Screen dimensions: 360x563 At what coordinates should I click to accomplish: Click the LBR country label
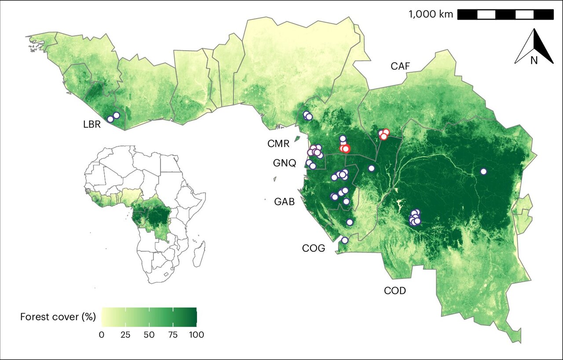(x=92, y=124)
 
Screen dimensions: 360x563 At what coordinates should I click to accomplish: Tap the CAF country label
(x=400, y=66)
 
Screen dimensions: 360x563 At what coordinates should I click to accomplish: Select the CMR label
(x=278, y=144)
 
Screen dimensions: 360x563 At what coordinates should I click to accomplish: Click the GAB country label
(x=284, y=202)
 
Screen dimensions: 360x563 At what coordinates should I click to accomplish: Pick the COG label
(x=314, y=248)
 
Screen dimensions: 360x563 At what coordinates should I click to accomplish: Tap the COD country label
(x=395, y=291)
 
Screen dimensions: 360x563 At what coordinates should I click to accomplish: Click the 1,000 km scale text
(x=431, y=14)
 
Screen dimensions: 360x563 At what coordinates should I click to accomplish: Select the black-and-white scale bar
(x=505, y=15)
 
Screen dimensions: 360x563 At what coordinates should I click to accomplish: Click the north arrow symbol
(x=534, y=46)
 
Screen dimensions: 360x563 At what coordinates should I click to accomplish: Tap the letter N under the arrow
(x=534, y=61)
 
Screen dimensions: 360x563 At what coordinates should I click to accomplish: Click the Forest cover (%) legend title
(x=58, y=317)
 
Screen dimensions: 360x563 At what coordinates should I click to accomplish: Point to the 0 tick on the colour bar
(x=102, y=335)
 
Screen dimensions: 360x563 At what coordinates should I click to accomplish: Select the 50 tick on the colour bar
(x=149, y=335)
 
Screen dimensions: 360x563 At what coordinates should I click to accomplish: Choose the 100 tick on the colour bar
(x=196, y=335)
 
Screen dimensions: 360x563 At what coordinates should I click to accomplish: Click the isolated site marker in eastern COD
(x=483, y=172)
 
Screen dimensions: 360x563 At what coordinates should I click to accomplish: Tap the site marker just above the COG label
(x=345, y=240)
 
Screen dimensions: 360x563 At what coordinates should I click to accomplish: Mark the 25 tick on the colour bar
(x=125, y=335)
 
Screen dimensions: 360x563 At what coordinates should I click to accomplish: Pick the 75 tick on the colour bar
(x=173, y=335)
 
